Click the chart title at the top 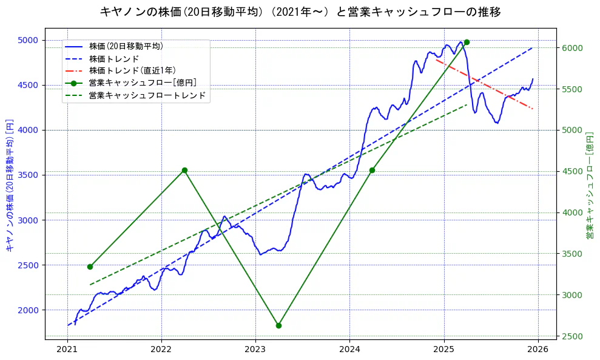300,12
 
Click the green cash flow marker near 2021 90,267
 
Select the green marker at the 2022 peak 184,171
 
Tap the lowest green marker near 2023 278,325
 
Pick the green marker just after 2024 372,170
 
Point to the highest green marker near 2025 466,42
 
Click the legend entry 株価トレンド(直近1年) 130,70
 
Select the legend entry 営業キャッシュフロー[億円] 142,83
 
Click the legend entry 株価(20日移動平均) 126,46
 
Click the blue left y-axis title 9,185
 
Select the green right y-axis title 590,185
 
